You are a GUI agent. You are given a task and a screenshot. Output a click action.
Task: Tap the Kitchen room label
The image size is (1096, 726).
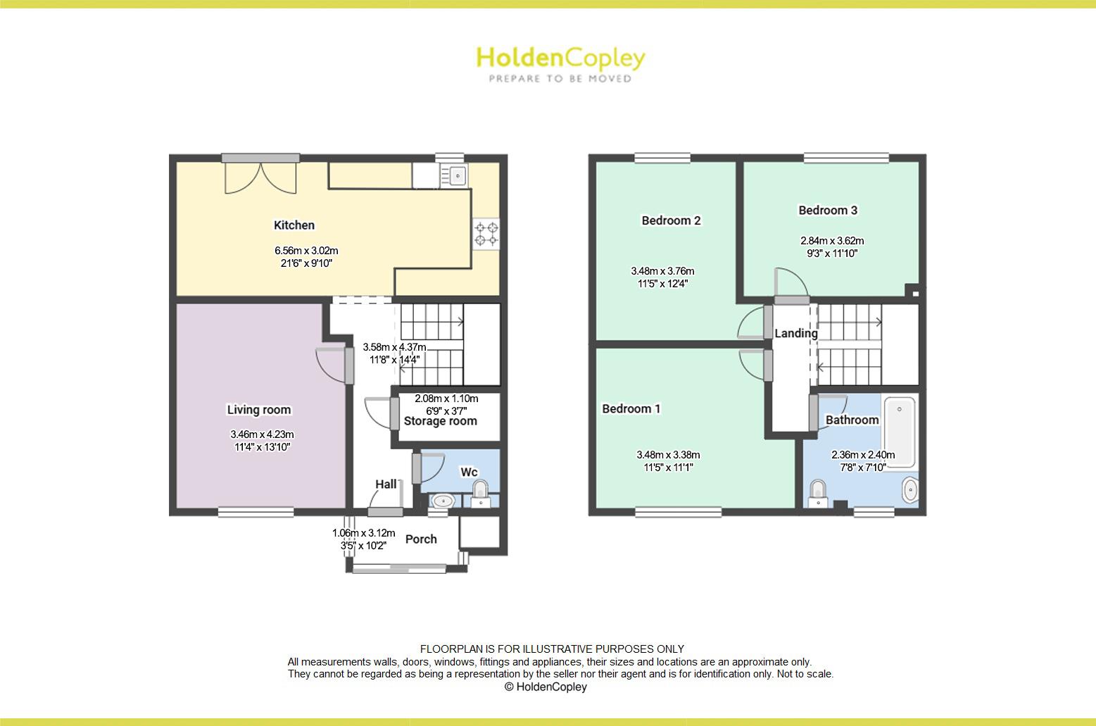pos(294,225)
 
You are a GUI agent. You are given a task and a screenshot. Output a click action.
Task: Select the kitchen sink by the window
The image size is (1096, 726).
pos(457,174)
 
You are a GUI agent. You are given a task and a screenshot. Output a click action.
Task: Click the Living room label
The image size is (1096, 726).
pos(258,410)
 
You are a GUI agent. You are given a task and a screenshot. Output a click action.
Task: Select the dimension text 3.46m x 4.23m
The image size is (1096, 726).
pos(261,434)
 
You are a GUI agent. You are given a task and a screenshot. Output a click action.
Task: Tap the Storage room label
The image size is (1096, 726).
pos(440,421)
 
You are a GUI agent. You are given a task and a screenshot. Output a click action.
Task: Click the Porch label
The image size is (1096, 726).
pos(421,539)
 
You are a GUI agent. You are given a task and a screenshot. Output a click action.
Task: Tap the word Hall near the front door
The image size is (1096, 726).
pos(386,484)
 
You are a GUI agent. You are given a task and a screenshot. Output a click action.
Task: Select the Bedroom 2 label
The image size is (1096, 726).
pos(671,220)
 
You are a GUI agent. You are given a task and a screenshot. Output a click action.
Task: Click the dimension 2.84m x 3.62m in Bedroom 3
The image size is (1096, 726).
pos(832,241)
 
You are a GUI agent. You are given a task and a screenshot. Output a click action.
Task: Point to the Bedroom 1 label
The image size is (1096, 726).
pos(631,408)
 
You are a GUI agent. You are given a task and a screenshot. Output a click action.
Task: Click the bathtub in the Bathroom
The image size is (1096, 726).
pos(899,432)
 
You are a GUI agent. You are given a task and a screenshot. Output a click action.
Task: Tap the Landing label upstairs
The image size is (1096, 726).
pos(796,333)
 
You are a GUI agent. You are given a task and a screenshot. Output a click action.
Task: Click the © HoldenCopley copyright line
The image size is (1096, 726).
pos(546,687)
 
